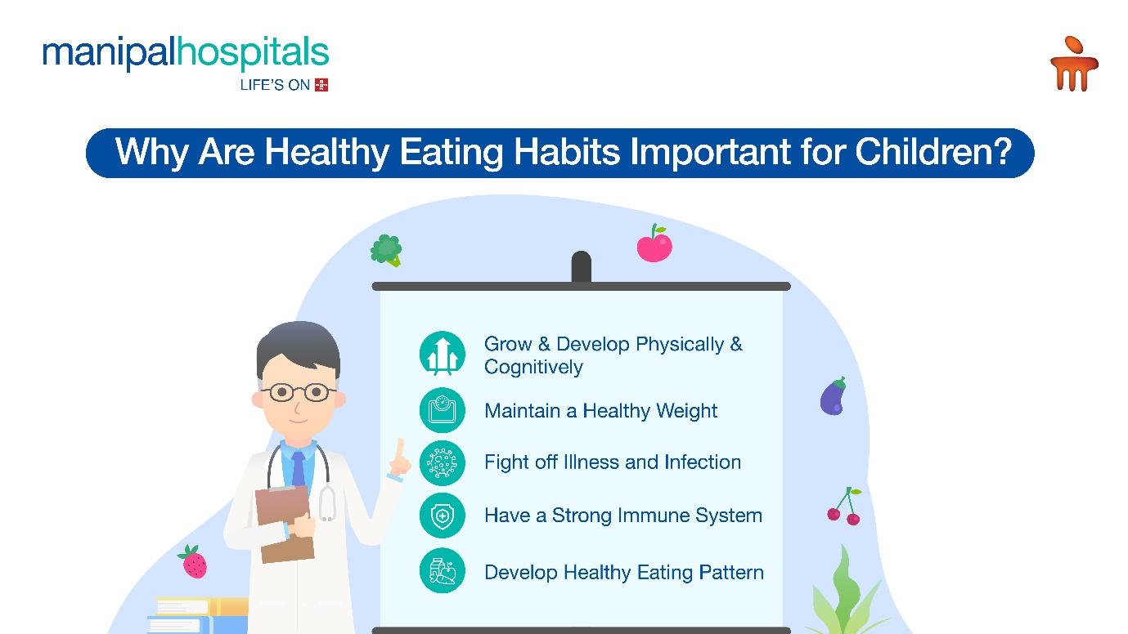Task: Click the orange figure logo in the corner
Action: (x=1074, y=64)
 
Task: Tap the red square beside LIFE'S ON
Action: (x=321, y=85)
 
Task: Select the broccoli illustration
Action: (x=386, y=250)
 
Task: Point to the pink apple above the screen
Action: (x=654, y=243)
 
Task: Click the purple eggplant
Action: (x=833, y=395)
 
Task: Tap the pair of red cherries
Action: (x=844, y=507)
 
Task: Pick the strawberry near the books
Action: (x=193, y=561)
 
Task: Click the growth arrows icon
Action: (x=443, y=354)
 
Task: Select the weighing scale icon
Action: (x=443, y=410)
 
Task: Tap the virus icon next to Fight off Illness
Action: (x=443, y=463)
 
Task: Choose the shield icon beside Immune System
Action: (x=443, y=516)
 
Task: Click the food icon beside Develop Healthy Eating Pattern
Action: (x=443, y=570)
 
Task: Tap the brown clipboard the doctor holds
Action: (x=285, y=523)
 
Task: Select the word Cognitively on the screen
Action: (x=533, y=368)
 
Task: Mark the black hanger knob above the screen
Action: (x=581, y=266)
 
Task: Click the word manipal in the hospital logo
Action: (x=110, y=53)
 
